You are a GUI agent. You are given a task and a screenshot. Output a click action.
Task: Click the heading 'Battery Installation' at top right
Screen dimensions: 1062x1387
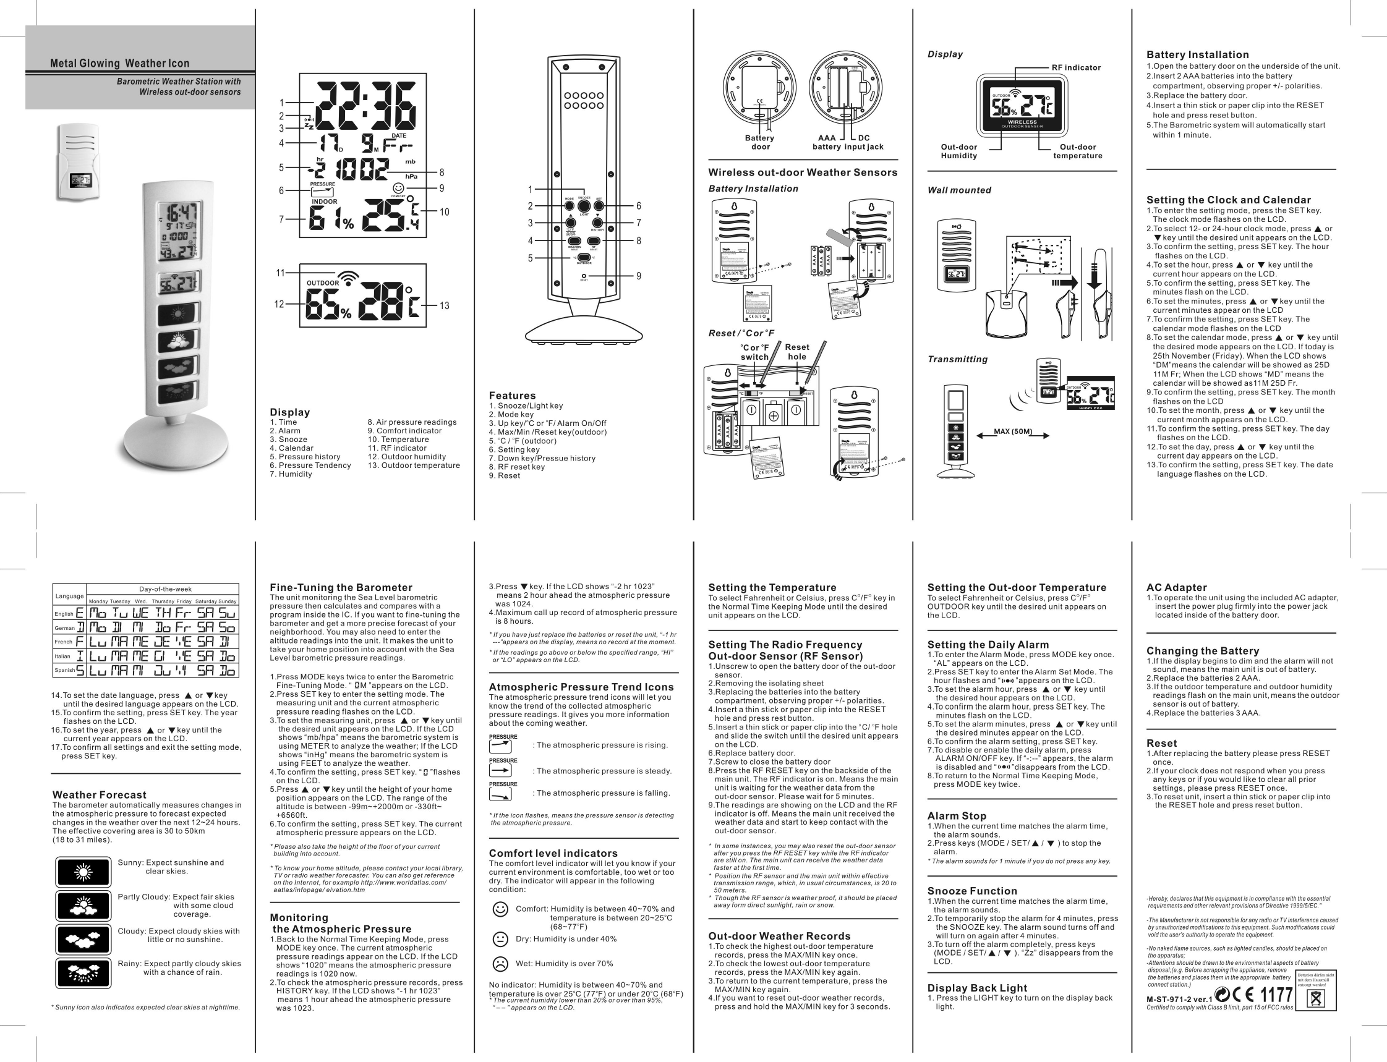click(x=1197, y=55)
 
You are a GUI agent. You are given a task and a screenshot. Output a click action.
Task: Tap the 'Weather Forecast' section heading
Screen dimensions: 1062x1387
click(x=100, y=794)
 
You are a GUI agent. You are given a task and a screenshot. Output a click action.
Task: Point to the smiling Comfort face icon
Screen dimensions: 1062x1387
click(x=500, y=909)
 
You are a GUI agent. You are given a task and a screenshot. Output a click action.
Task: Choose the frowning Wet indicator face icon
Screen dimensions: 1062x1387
click(x=500, y=963)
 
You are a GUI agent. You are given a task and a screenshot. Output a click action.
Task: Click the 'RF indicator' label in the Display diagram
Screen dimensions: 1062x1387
click(x=1076, y=67)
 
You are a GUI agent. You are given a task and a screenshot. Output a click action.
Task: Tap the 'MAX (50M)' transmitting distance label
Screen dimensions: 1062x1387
click(x=1013, y=431)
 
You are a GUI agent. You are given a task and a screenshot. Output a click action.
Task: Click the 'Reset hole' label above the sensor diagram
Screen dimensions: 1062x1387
click(x=796, y=352)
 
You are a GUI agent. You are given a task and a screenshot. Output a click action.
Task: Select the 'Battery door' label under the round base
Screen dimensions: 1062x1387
click(x=760, y=142)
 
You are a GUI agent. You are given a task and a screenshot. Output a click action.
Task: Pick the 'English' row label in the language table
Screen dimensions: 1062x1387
click(x=64, y=613)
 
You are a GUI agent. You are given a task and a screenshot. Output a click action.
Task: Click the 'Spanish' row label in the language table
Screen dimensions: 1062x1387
click(x=64, y=670)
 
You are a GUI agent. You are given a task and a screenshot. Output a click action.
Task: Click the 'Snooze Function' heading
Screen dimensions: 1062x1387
click(x=971, y=891)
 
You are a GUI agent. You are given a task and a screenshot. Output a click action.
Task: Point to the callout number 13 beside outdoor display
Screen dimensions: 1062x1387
click(x=445, y=306)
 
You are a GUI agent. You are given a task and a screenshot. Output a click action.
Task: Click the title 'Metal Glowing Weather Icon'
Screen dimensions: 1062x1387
click(x=119, y=63)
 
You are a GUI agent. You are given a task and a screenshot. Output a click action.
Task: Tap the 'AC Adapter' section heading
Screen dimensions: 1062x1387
click(x=1177, y=587)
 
